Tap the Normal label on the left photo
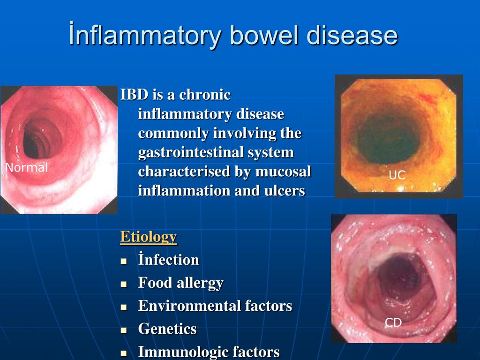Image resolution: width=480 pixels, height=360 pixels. [27, 167]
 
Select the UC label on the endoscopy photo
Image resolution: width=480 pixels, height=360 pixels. [397, 175]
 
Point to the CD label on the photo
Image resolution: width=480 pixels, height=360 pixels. [393, 322]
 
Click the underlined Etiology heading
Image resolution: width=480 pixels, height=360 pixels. [149, 237]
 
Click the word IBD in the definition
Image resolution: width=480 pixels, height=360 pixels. [135, 94]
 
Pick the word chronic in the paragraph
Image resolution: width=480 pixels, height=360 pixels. [205, 94]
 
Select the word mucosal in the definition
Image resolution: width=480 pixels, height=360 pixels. [283, 171]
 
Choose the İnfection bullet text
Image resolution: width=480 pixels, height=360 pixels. [169, 259]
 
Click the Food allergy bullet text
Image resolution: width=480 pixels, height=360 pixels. [180, 283]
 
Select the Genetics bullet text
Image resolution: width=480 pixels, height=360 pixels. [167, 329]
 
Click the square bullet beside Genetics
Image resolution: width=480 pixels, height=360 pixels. [124, 330]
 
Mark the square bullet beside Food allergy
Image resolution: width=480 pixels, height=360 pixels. [124, 284]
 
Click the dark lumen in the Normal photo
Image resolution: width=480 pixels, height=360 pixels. [40, 139]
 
